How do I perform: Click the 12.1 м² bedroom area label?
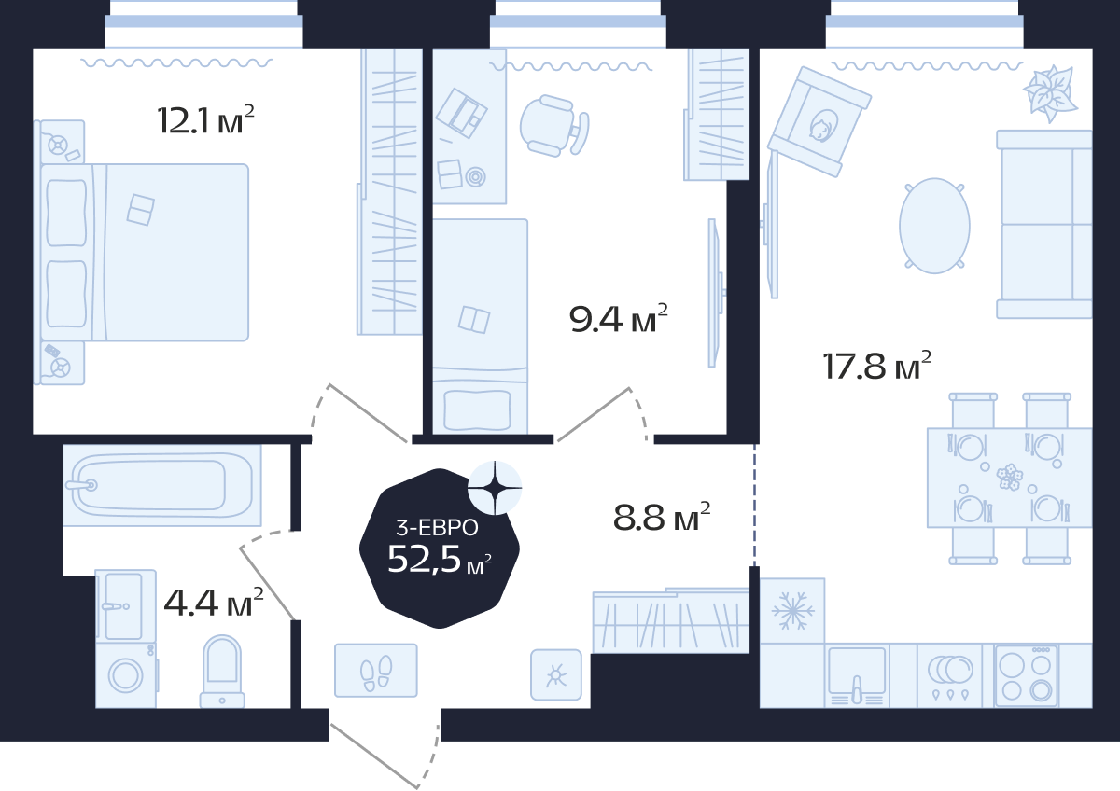205,120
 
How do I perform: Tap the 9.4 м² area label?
619,318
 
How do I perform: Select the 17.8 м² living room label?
877,366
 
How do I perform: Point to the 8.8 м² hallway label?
662,517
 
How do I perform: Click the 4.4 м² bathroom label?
214,603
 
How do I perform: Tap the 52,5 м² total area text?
440,559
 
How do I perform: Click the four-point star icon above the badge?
495,488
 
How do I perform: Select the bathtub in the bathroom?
162,485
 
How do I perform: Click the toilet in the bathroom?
222,671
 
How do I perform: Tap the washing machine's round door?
125,675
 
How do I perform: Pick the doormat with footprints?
376,670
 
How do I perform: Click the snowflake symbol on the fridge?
793,611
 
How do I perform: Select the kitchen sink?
857,675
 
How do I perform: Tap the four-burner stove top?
1026,675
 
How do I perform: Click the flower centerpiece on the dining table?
1010,478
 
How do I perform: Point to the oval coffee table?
934,226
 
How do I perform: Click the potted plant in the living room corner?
1050,93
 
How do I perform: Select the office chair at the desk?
554,126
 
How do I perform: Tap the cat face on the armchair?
822,126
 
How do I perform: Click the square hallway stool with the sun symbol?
556,674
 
